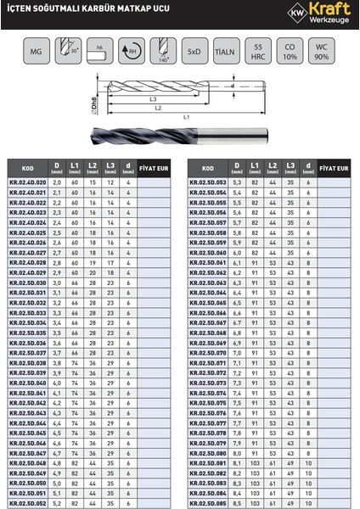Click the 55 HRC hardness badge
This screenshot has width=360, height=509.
coord(260,53)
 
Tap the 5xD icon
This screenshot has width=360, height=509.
coord(194,53)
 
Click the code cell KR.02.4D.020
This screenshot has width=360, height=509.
coord(27,182)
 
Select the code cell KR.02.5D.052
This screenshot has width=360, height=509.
coord(27,503)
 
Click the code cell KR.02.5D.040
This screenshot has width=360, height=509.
coord(27,383)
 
